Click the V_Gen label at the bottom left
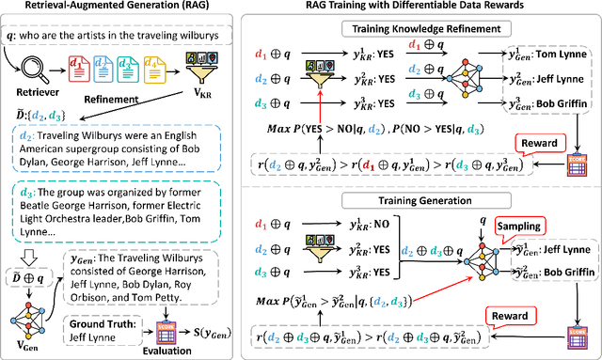[x=35, y=345]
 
